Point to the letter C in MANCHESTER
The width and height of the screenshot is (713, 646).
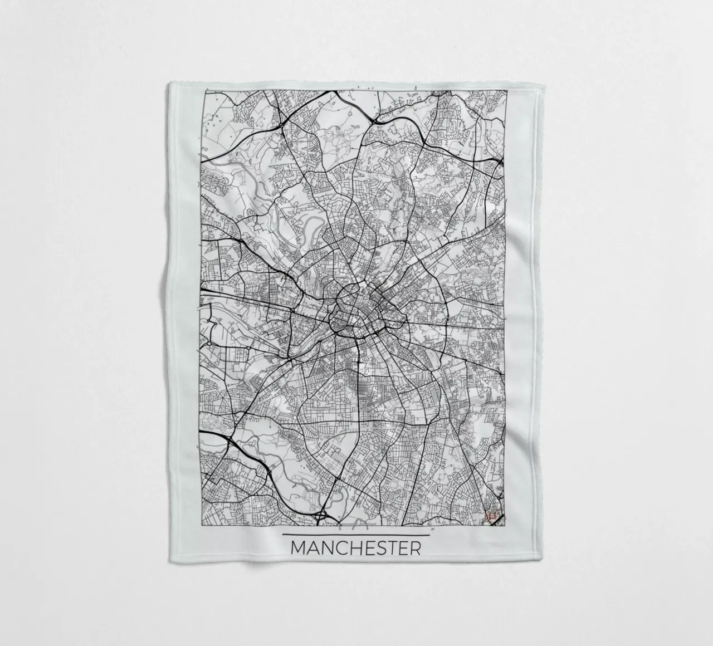click(x=340, y=548)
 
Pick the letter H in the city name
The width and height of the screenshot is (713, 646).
click(x=354, y=548)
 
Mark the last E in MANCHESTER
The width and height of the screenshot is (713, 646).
click(x=402, y=548)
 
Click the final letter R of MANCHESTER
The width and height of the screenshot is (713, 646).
click(x=414, y=548)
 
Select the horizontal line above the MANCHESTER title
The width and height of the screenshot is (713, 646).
click(x=356, y=535)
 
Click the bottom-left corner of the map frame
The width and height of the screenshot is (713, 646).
click(x=200, y=525)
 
